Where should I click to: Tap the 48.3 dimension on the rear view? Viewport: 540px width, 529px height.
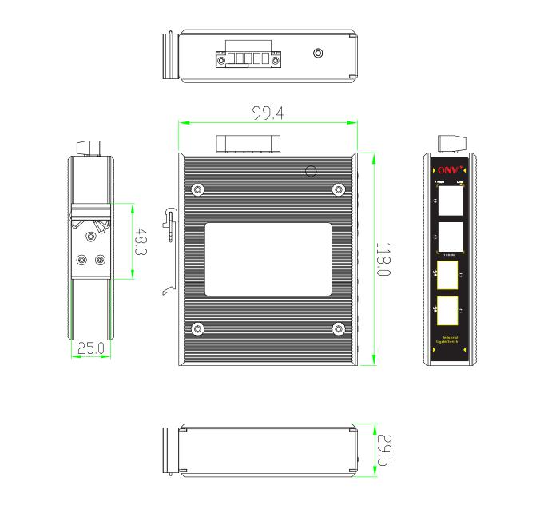[x=141, y=241]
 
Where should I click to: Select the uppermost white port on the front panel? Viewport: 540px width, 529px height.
[x=448, y=201]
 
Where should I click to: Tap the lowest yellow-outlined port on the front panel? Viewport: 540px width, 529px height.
[x=448, y=311]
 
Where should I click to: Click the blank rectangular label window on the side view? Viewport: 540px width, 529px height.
[x=268, y=260]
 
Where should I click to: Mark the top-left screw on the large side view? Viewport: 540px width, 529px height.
[x=197, y=189]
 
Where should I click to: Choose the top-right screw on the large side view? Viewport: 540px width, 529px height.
[x=339, y=189]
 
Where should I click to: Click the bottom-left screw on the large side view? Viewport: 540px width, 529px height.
[x=197, y=328]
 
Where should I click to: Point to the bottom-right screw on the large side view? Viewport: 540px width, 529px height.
[x=339, y=328]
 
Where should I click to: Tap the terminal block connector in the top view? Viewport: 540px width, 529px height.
[x=248, y=58]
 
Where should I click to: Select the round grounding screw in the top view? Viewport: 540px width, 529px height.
[x=318, y=54]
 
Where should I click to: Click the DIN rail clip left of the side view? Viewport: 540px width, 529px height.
[x=169, y=249]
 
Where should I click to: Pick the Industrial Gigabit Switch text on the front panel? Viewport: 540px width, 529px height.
[x=449, y=341]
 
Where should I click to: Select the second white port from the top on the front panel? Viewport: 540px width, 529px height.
[x=448, y=236]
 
